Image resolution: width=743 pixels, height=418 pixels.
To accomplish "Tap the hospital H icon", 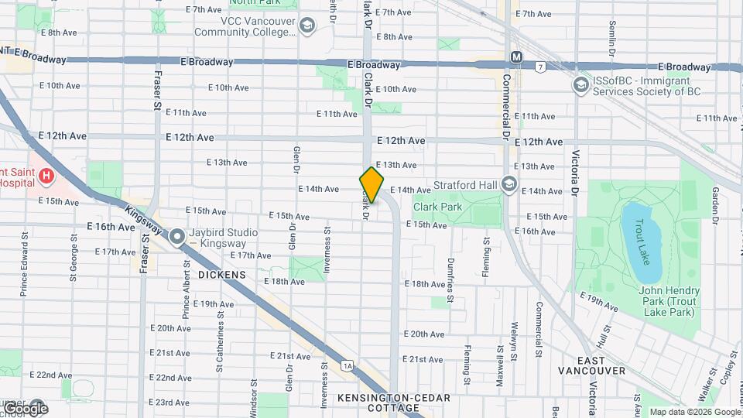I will (47, 176).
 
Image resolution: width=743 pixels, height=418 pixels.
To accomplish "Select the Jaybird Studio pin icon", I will (177, 235).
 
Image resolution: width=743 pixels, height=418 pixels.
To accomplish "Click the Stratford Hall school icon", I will (509, 184).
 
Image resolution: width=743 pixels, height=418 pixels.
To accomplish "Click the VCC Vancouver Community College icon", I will (307, 26).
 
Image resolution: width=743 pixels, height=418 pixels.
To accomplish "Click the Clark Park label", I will (437, 207).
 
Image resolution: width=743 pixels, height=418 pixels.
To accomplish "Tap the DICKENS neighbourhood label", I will (221, 275).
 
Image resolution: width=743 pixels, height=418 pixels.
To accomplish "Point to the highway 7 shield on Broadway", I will (540, 67).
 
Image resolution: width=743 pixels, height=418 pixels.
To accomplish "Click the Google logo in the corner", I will (25, 408).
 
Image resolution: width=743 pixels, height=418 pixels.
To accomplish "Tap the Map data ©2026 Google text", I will (694, 412).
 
